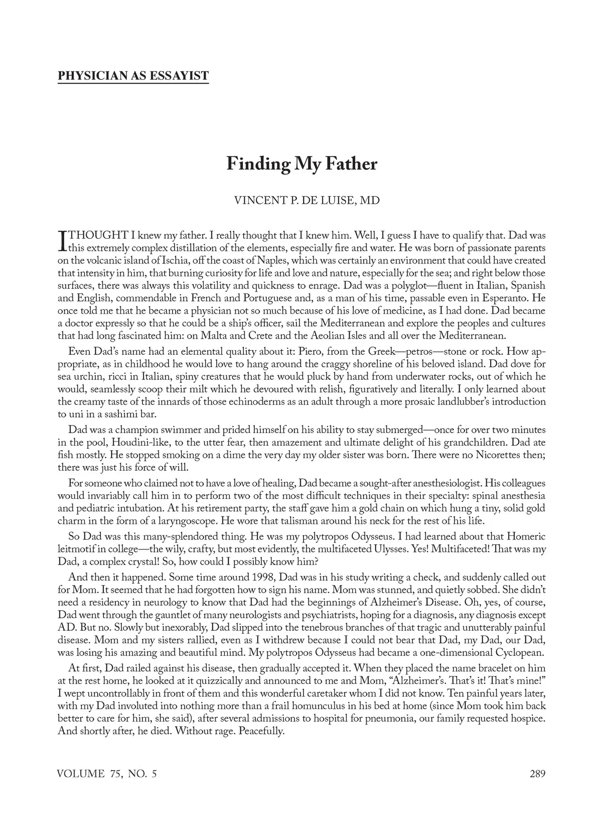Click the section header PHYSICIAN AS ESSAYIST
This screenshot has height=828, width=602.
[133, 76]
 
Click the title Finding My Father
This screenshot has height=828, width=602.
[301, 164]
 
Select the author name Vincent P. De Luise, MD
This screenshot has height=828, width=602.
[307, 201]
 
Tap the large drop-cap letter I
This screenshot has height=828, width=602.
[62, 240]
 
